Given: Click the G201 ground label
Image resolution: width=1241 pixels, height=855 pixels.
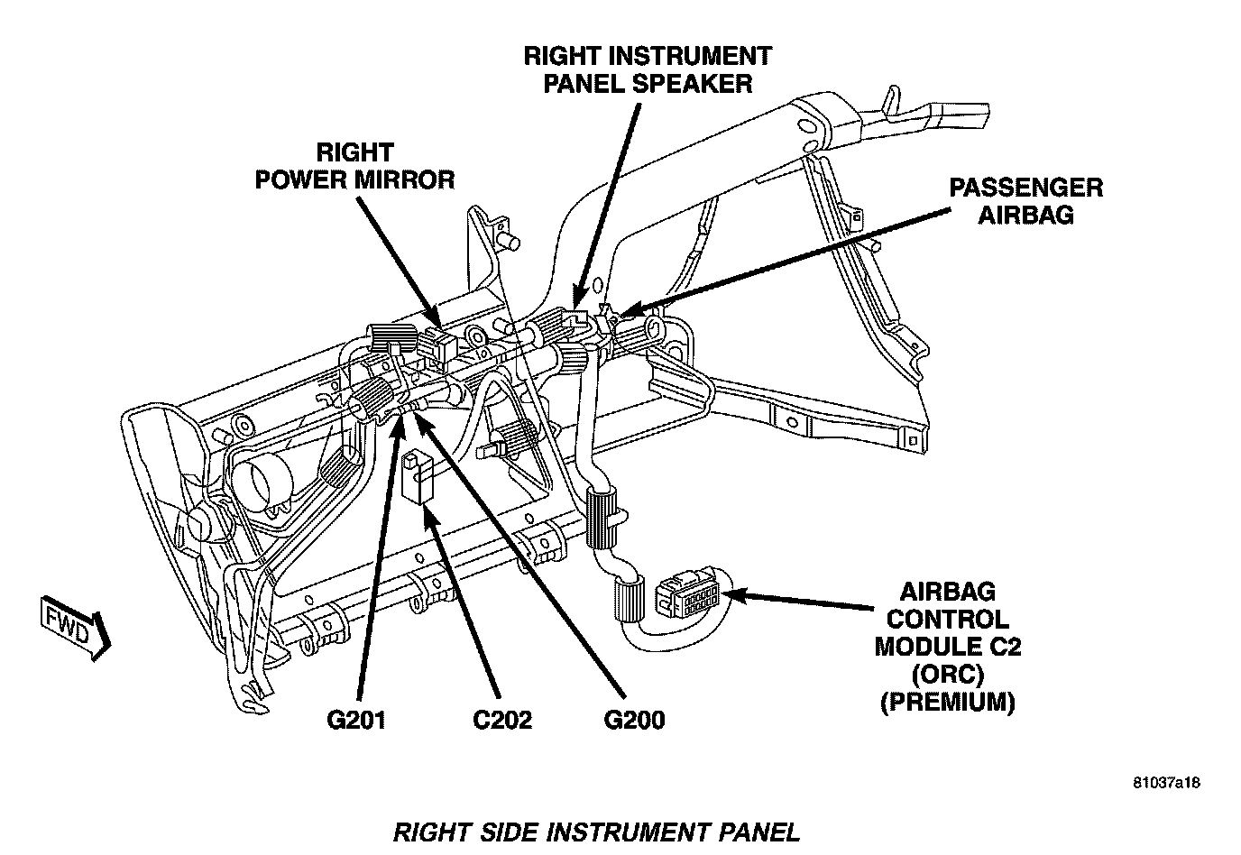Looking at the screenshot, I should [x=356, y=720].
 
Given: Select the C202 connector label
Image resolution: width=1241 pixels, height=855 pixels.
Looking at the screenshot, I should [x=501, y=720].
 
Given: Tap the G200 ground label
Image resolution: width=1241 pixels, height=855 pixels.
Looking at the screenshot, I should [x=634, y=720].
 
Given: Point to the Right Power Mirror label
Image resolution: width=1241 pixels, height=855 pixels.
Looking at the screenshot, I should [x=354, y=165].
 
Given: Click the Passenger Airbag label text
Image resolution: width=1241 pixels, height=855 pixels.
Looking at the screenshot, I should [x=1025, y=201].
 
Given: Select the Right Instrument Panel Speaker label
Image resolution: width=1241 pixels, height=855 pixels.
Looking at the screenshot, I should [x=648, y=69].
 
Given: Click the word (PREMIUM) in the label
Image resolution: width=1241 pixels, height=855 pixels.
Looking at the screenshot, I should [x=947, y=701].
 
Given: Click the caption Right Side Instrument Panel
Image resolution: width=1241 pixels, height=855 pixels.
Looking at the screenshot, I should [x=596, y=831].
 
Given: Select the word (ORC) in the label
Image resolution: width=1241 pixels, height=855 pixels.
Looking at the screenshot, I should [x=947, y=674].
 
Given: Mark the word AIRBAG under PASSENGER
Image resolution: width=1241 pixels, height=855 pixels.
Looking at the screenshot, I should [x=1025, y=216].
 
